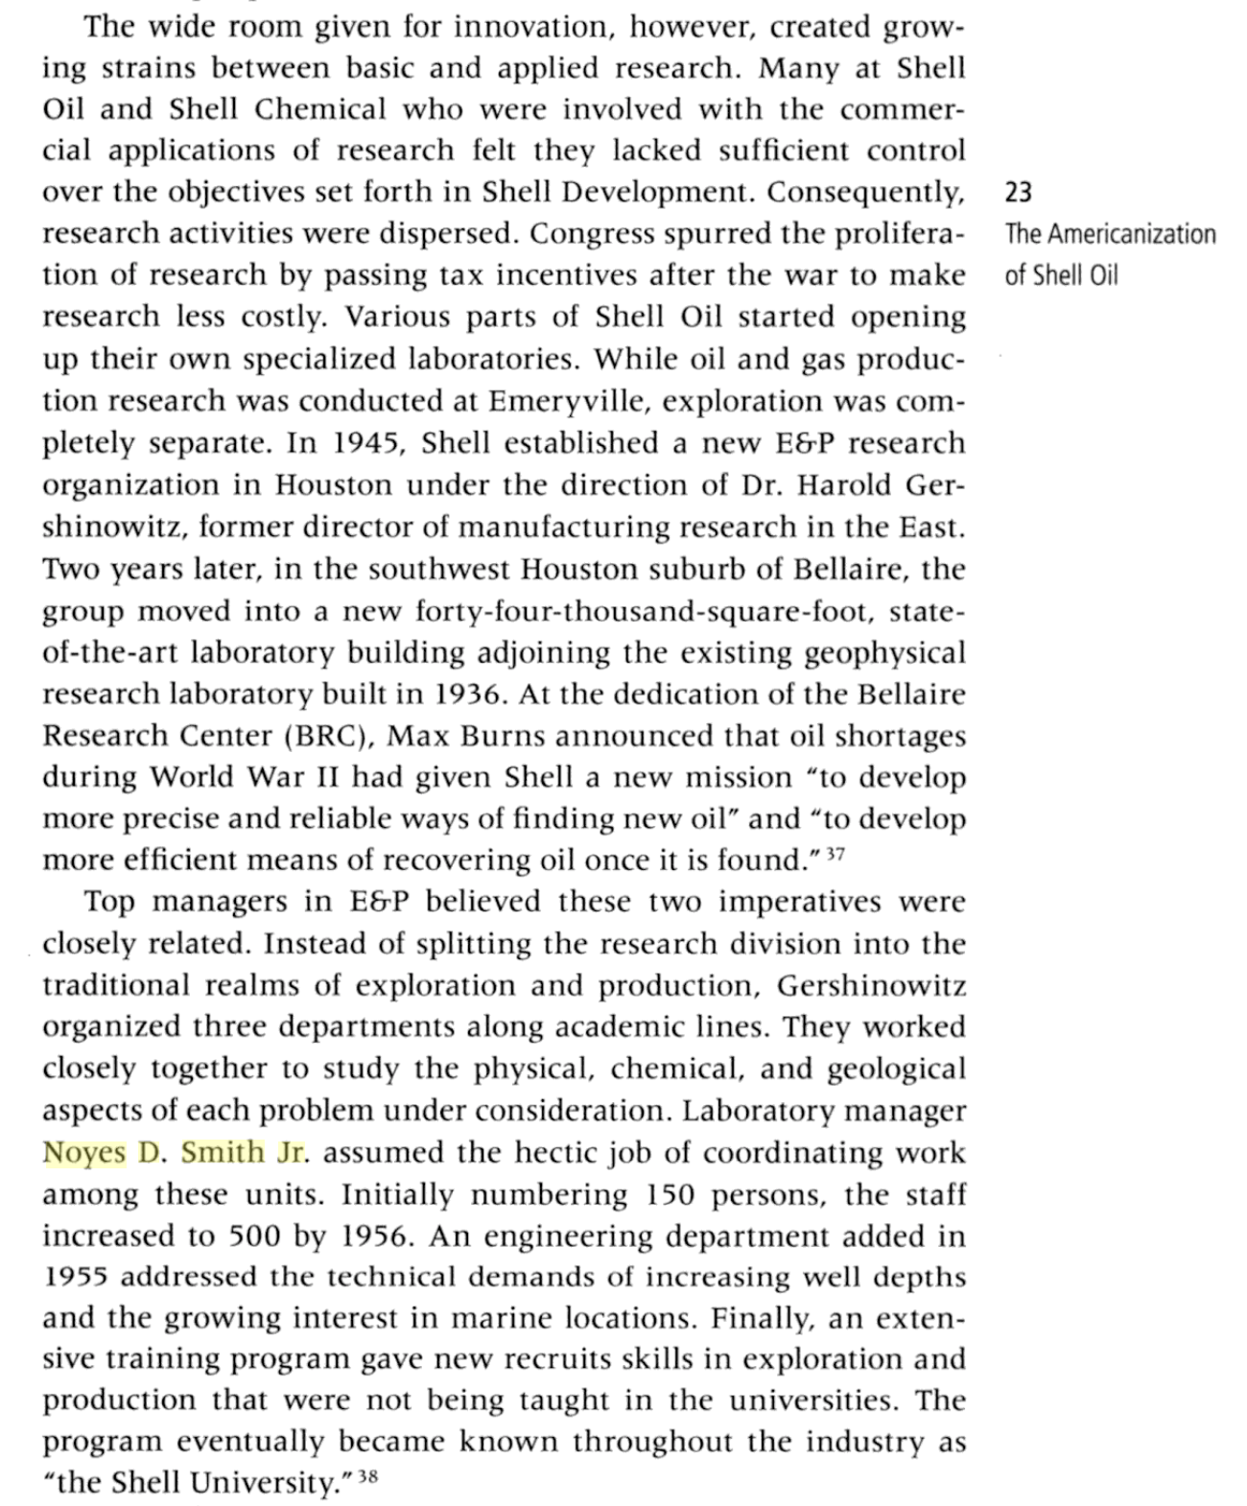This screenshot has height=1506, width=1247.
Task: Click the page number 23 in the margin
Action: (1018, 193)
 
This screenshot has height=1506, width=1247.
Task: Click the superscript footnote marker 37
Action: (835, 853)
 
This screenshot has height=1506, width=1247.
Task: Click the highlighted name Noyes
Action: (84, 1152)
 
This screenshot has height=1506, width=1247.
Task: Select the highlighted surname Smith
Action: (222, 1152)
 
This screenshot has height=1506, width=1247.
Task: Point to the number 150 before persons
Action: (661, 1195)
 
